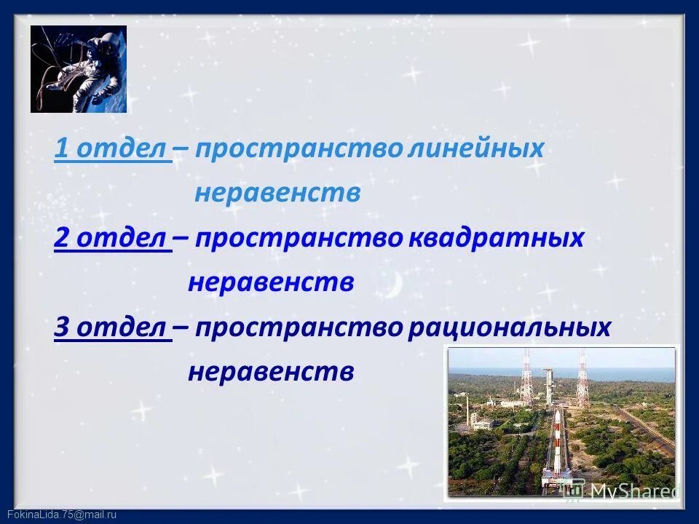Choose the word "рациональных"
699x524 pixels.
pyautogui.click(x=509, y=328)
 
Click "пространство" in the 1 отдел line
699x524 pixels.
pyautogui.click(x=299, y=149)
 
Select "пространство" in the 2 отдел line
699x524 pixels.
pyautogui.click(x=299, y=239)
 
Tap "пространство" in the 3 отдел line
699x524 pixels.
pyautogui.click(x=299, y=328)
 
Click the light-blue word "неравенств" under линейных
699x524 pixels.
pyautogui.click(x=277, y=194)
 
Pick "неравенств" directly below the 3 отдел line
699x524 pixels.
pyautogui.click(x=271, y=373)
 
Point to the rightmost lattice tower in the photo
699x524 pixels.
pyautogui.click(x=582, y=378)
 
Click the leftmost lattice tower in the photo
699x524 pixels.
pyautogui.click(x=526, y=378)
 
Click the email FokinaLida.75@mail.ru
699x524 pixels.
pyautogui.click(x=59, y=515)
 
